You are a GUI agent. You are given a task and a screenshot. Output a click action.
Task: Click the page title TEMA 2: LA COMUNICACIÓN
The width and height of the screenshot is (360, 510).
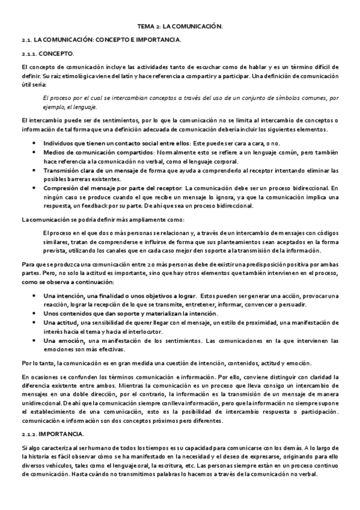click(x=180, y=26)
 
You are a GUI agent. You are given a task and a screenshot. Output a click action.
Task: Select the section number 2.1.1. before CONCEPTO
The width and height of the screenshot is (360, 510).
click(x=29, y=54)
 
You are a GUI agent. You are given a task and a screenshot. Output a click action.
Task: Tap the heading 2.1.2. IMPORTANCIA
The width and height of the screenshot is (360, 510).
click(x=53, y=433)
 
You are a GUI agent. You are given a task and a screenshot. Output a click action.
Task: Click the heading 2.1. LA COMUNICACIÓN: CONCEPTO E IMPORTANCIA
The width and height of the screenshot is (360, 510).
click(x=100, y=40)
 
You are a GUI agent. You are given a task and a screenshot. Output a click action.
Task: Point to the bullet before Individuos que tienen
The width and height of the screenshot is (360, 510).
click(x=33, y=143)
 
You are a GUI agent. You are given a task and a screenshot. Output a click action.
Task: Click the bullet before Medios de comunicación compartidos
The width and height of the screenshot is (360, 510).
click(x=33, y=152)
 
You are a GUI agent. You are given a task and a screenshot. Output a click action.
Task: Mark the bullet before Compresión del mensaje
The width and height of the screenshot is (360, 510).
click(x=33, y=188)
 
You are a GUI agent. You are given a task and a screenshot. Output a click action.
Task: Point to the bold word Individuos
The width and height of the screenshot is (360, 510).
click(x=58, y=143)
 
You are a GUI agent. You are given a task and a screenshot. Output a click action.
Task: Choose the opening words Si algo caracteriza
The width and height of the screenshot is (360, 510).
click(x=43, y=448)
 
